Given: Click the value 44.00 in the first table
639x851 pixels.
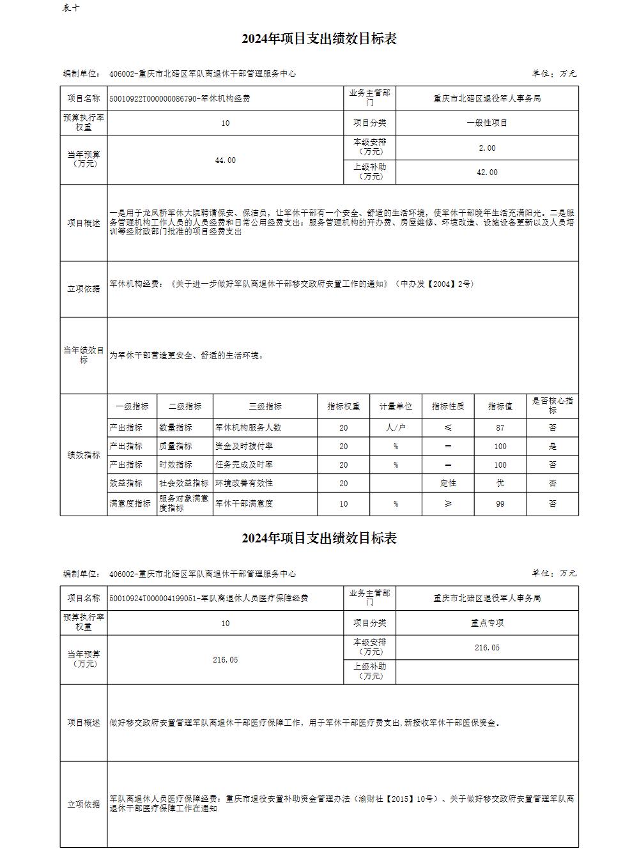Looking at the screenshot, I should pos(225,160).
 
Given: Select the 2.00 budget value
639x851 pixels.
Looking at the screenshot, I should pos(487,148).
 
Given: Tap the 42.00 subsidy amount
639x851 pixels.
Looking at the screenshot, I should pos(487,172).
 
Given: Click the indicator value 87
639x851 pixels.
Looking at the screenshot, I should pos(500,428).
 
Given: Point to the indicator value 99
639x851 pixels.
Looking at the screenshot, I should pos(500,504).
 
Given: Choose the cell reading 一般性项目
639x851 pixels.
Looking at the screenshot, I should pos(487,123).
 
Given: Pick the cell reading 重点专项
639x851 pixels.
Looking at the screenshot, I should pos(487,623).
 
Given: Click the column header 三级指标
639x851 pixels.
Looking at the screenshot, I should pos(265,406).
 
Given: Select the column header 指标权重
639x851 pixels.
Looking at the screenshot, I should pos(344,406).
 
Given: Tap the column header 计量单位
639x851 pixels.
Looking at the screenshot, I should pos(396,406).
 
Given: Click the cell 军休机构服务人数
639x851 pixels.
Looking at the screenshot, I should pos(249,428).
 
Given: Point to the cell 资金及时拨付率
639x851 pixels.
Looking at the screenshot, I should pos(244,447).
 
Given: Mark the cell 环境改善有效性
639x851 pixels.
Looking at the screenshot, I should pos(244,484).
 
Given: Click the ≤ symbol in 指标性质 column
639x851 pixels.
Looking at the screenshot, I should pos(448,428).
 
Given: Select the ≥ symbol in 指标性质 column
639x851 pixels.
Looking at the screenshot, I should pos(448,504).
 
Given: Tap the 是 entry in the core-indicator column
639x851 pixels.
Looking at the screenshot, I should pos(552,447).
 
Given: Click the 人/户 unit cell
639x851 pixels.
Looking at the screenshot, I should pos(396,428).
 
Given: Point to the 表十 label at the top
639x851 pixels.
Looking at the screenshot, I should pos(71,8).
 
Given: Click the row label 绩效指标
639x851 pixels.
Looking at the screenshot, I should pos(84,455).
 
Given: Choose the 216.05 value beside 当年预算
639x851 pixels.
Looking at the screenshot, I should pos(225,660).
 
